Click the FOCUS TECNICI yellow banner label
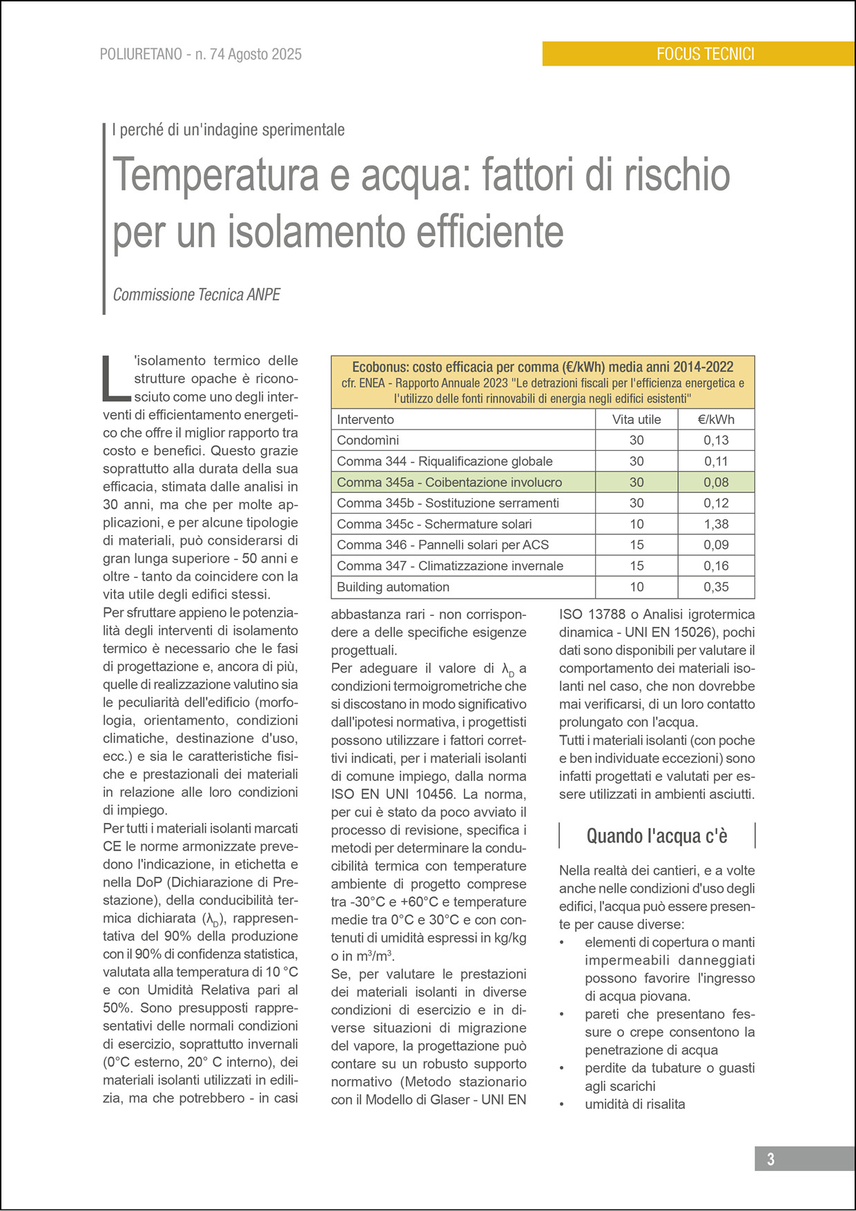click(x=705, y=54)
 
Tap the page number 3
click(x=770, y=1159)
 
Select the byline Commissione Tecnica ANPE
click(x=197, y=295)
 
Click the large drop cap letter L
click(x=115, y=378)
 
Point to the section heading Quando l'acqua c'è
click(x=656, y=836)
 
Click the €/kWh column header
click(x=716, y=420)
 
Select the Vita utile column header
click(x=636, y=420)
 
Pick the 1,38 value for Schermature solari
click(x=716, y=524)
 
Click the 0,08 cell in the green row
click(x=716, y=483)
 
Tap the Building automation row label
click(x=393, y=587)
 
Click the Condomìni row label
click(x=368, y=440)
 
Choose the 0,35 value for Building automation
click(x=716, y=587)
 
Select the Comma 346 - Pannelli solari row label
click(x=442, y=545)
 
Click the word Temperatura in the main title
click(x=215, y=175)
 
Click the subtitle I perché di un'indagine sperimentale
click(x=228, y=130)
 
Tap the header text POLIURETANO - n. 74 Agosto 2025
click(x=201, y=55)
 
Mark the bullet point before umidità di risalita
click(x=562, y=1105)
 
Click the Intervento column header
click(x=365, y=420)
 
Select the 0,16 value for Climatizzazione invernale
click(x=716, y=566)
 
